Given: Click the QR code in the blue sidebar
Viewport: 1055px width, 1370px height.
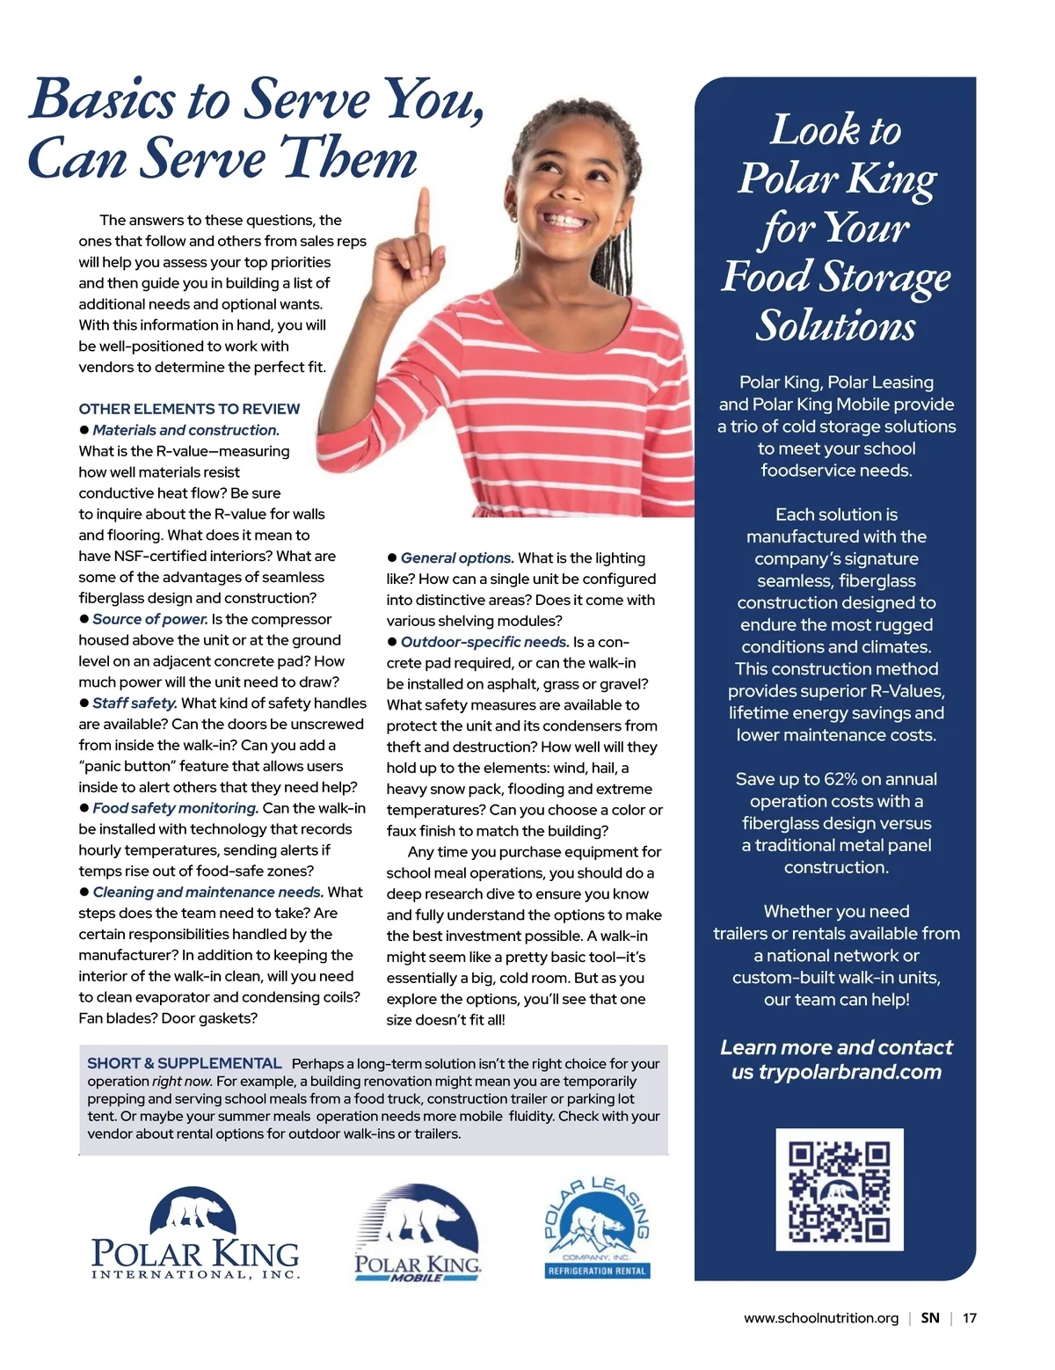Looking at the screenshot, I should click(x=840, y=1189).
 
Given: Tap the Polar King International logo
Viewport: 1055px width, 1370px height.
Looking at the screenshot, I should click(x=195, y=1233).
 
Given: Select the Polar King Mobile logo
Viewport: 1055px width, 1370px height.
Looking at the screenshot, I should click(x=418, y=1233).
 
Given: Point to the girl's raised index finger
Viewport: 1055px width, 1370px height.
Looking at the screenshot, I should click(x=424, y=211).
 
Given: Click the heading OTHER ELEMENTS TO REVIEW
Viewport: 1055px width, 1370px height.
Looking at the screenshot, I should click(x=189, y=409).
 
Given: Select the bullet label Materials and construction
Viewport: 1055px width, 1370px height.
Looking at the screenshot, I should click(x=186, y=430).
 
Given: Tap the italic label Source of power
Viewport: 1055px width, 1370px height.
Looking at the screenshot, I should click(x=150, y=619).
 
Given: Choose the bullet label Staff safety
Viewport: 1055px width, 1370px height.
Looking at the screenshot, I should click(x=135, y=703).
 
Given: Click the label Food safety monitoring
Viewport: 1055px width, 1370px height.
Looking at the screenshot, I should click(x=175, y=808).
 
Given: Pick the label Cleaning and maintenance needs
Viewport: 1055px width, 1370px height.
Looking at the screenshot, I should click(x=207, y=893).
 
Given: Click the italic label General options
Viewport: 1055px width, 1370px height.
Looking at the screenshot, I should click(x=457, y=558).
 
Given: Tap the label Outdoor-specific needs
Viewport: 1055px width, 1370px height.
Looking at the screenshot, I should click(x=484, y=642).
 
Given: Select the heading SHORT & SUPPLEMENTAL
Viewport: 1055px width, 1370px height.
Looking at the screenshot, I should click(x=185, y=1064).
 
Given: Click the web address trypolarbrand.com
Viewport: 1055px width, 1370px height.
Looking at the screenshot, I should click(x=838, y=1072).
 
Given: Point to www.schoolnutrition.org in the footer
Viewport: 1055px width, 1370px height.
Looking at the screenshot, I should click(x=820, y=1318).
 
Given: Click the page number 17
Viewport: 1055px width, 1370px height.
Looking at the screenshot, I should click(x=969, y=1318).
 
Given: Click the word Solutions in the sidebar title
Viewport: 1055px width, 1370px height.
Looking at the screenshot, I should click(x=835, y=325).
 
